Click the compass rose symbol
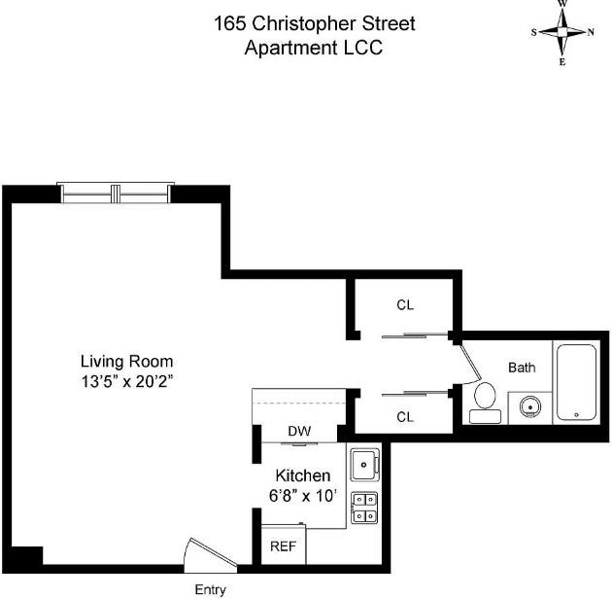[562, 32]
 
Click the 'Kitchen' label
[303, 475]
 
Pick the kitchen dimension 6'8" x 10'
[303, 496]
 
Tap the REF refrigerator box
[283, 545]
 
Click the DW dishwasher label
[298, 431]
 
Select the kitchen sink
[364, 463]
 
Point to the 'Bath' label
[522, 368]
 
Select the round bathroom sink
[529, 405]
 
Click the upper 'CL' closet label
[405, 304]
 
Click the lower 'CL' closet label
[405, 416]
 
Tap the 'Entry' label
[211, 589]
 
